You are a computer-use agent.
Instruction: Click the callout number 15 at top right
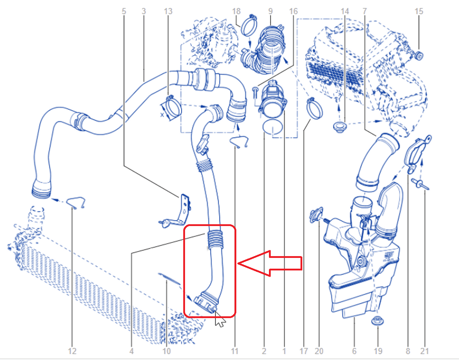[418, 11]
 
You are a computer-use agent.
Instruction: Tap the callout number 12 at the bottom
[72, 351]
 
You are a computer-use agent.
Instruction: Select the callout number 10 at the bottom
[166, 351]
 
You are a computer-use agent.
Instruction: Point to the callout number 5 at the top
[124, 11]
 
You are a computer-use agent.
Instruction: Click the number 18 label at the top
[236, 11]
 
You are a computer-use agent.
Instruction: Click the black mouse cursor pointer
[220, 320]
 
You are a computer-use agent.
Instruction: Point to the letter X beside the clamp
[162, 115]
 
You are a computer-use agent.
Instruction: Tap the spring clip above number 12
[76, 202]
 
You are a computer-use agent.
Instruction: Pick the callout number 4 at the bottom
[132, 351]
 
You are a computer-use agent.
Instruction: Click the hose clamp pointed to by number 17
[314, 109]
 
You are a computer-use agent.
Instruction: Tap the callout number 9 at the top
[270, 11]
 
